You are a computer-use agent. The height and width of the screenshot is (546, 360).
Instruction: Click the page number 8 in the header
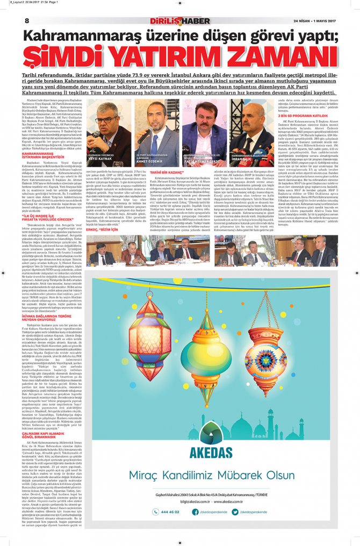tap(26, 21)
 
